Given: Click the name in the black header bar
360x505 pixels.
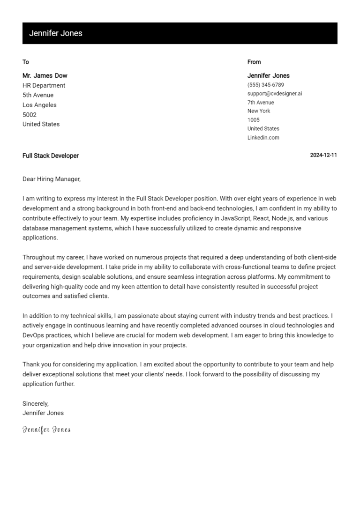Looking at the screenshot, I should tap(55, 33).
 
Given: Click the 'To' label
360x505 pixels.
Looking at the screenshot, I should tap(26, 62).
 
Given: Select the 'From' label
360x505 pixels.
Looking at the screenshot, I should tap(254, 62).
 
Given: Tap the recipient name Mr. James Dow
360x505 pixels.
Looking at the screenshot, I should tap(45, 75).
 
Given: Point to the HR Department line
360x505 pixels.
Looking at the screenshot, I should tap(44, 85).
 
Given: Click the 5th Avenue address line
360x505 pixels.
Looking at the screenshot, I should tap(38, 95).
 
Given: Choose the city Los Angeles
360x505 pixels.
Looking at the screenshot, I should tap(39, 105).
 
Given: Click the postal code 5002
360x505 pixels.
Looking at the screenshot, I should tap(30, 115).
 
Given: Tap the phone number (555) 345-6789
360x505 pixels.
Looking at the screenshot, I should tap(265, 85).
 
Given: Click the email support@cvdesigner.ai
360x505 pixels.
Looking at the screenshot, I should tap(275, 93).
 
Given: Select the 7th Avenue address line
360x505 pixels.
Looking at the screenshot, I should tap(261, 102).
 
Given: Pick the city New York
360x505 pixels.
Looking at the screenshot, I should tap(259, 111).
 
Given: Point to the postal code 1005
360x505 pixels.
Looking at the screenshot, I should tap(254, 120).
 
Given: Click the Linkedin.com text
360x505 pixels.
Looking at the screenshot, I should tap(263, 138).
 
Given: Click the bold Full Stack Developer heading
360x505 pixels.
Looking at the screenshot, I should tap(51, 156).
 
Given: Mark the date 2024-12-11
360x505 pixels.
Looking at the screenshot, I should tap(323, 156).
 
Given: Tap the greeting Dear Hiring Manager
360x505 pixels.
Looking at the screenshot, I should tap(52, 179).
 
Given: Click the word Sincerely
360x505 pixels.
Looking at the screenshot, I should tap(36, 403).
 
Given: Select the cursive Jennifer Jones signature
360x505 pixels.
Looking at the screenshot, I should tap(46, 430).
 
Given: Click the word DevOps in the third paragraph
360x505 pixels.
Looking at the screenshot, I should tap(34, 335).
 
